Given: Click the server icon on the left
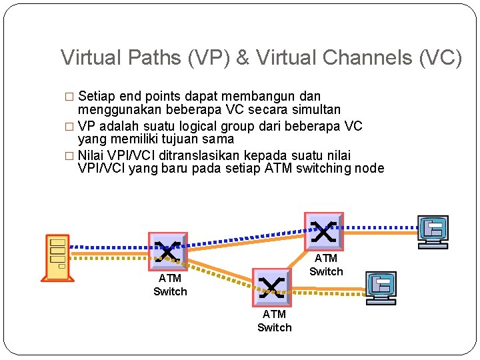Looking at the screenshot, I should click(57, 257).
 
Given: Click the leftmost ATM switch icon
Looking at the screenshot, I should click(167, 251).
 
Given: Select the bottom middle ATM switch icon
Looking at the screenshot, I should click(271, 287).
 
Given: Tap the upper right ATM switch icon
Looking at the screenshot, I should click(323, 231).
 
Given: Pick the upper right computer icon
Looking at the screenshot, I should click(433, 231).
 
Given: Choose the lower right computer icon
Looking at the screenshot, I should click(381, 287).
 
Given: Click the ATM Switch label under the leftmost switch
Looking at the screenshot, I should click(170, 285).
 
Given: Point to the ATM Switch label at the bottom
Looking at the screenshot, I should click(274, 321).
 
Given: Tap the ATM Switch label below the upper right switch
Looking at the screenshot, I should click(326, 265).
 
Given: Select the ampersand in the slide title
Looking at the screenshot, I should click(242, 58).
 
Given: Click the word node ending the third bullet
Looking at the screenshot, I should click(369, 168).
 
